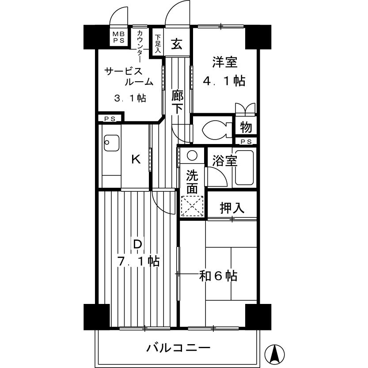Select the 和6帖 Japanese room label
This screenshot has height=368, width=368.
point(218,276)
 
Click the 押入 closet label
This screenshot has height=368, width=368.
point(232,208)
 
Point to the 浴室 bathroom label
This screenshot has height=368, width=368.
point(224,161)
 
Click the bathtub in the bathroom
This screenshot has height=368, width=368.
point(244,168)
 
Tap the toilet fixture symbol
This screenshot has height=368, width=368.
point(214,129)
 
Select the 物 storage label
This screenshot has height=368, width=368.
point(246,128)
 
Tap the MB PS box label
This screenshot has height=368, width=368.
point(118,37)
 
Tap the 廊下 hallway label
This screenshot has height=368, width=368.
point(177,101)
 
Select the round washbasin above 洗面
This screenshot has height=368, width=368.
point(192,156)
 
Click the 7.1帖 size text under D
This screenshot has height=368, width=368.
point(138,261)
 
